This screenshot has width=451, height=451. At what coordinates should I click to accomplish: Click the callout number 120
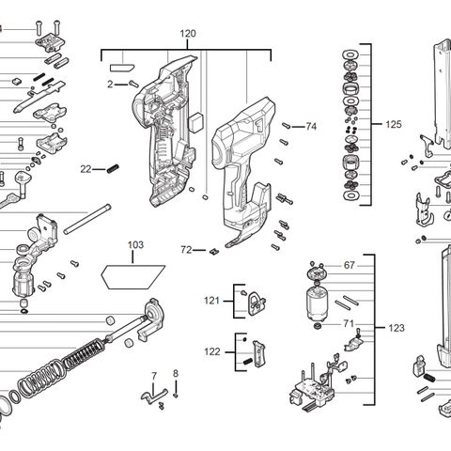tap(188, 34)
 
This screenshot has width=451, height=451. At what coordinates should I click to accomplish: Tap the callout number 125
tap(394, 124)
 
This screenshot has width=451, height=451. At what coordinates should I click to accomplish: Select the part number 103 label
tap(136, 245)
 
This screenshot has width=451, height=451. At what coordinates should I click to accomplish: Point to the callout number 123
tap(397, 328)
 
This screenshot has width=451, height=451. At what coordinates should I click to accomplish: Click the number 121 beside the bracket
tap(212, 300)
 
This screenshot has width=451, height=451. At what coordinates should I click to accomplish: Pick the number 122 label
tap(212, 351)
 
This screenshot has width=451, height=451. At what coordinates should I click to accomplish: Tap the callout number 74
tap(312, 126)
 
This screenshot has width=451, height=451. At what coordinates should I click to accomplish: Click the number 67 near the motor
tap(349, 266)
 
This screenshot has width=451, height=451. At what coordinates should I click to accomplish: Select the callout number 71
tap(349, 323)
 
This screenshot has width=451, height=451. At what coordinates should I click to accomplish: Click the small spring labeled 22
tap(114, 168)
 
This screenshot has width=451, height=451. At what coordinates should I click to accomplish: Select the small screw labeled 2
tap(134, 85)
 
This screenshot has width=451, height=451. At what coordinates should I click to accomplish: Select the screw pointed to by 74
tap(288, 124)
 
